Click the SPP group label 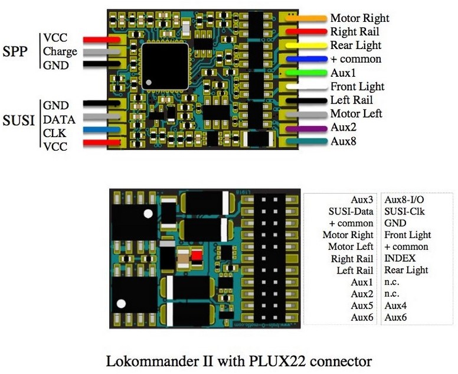click(x=15, y=51)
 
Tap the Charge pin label click(x=60, y=51)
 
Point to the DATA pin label click(x=59, y=119)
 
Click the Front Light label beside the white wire click(x=356, y=86)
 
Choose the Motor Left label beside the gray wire click(x=356, y=113)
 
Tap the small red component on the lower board click(x=197, y=256)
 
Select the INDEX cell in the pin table click(x=400, y=258)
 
